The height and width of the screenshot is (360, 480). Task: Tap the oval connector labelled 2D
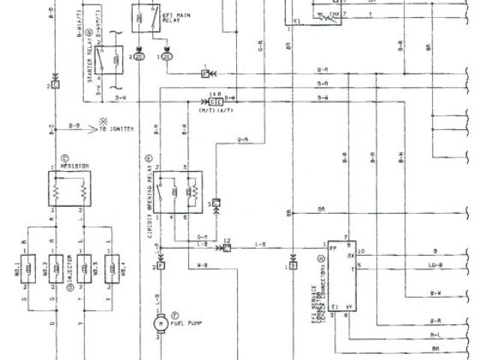pyautogui.click(x=139, y=56)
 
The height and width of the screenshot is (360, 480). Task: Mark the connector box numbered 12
pyautogui.click(x=226, y=247)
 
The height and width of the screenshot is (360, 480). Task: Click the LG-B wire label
pyautogui.click(x=435, y=265)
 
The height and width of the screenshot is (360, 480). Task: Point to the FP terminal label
pyautogui.click(x=332, y=247)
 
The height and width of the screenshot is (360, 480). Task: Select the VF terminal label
pyautogui.click(x=346, y=307)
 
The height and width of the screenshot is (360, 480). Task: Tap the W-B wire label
pyautogui.click(x=202, y=264)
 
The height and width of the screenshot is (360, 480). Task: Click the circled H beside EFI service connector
pyautogui.click(x=321, y=259)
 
